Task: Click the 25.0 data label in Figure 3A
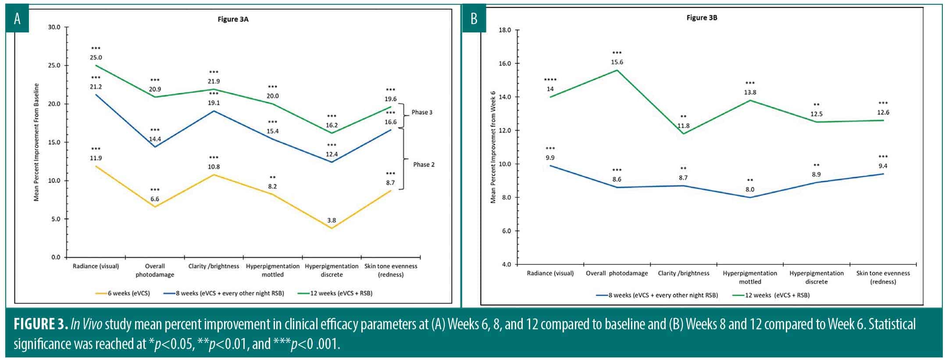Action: coord(96,57)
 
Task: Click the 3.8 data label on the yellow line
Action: coord(332,221)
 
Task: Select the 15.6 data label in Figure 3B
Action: coord(617,62)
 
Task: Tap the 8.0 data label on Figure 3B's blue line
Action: coord(750,190)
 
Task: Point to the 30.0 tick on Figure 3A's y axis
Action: coord(54,27)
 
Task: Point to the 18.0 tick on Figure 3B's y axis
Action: coord(505,30)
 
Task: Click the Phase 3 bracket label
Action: coord(421,112)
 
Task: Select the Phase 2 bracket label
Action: coord(424,164)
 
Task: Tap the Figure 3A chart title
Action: coord(233,19)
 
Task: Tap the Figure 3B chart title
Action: coord(702,18)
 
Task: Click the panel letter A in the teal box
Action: coord(18,19)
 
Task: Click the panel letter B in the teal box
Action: coord(474,19)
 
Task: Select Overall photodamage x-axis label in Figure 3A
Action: coord(155,270)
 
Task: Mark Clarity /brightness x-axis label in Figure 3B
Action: coord(683,273)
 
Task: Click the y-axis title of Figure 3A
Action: coord(36,142)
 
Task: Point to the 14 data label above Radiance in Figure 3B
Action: coord(550,89)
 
